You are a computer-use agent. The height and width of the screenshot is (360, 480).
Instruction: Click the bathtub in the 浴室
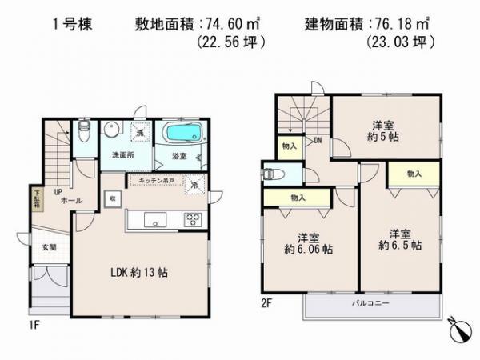point(182,132)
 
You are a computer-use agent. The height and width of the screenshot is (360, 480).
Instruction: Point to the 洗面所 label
point(123,154)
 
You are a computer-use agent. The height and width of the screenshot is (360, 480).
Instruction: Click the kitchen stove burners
point(193,218)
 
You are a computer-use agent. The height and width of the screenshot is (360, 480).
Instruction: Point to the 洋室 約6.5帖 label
point(401,239)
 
